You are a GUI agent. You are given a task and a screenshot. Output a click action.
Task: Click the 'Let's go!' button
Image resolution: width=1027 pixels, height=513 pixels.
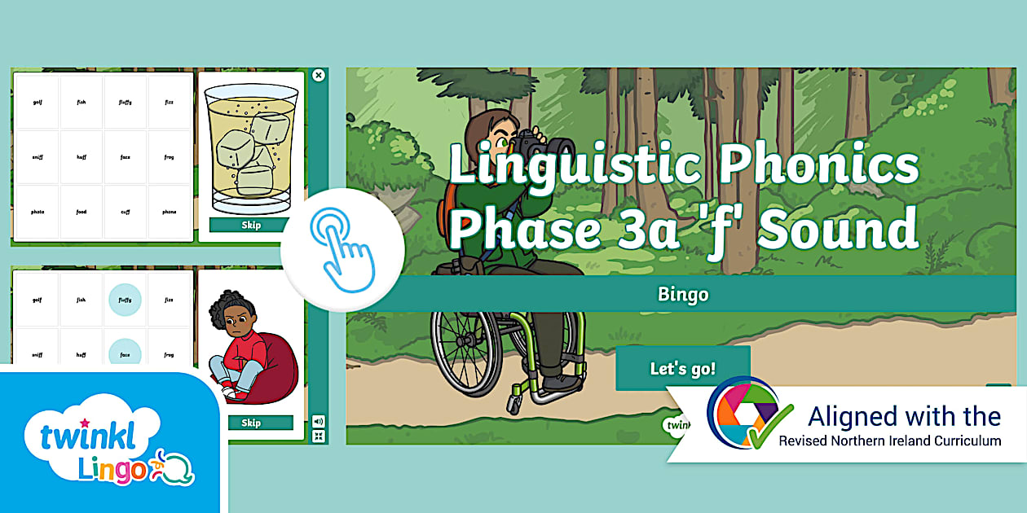tap(682, 368)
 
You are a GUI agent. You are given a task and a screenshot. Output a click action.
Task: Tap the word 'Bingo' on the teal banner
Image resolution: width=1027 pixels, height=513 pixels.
tap(683, 294)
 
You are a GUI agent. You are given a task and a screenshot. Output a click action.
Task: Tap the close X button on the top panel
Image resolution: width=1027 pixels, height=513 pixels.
tap(319, 75)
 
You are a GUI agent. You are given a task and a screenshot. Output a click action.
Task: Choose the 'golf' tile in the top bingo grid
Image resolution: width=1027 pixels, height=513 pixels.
tap(37, 103)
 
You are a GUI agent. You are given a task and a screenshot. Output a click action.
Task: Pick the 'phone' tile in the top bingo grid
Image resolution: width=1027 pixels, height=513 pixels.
tap(169, 212)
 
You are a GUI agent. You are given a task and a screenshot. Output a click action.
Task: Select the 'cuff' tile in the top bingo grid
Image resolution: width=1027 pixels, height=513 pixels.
tap(126, 212)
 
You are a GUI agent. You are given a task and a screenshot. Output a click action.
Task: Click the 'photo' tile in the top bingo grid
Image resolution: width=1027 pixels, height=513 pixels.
tap(37, 212)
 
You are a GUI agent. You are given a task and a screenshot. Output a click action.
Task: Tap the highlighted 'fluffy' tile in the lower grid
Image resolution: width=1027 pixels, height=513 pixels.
tap(125, 300)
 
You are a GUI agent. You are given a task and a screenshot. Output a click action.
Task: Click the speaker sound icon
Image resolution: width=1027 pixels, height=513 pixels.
tap(318, 421)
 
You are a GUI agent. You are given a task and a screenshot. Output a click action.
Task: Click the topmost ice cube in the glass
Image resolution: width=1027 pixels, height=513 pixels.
tap(269, 127)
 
